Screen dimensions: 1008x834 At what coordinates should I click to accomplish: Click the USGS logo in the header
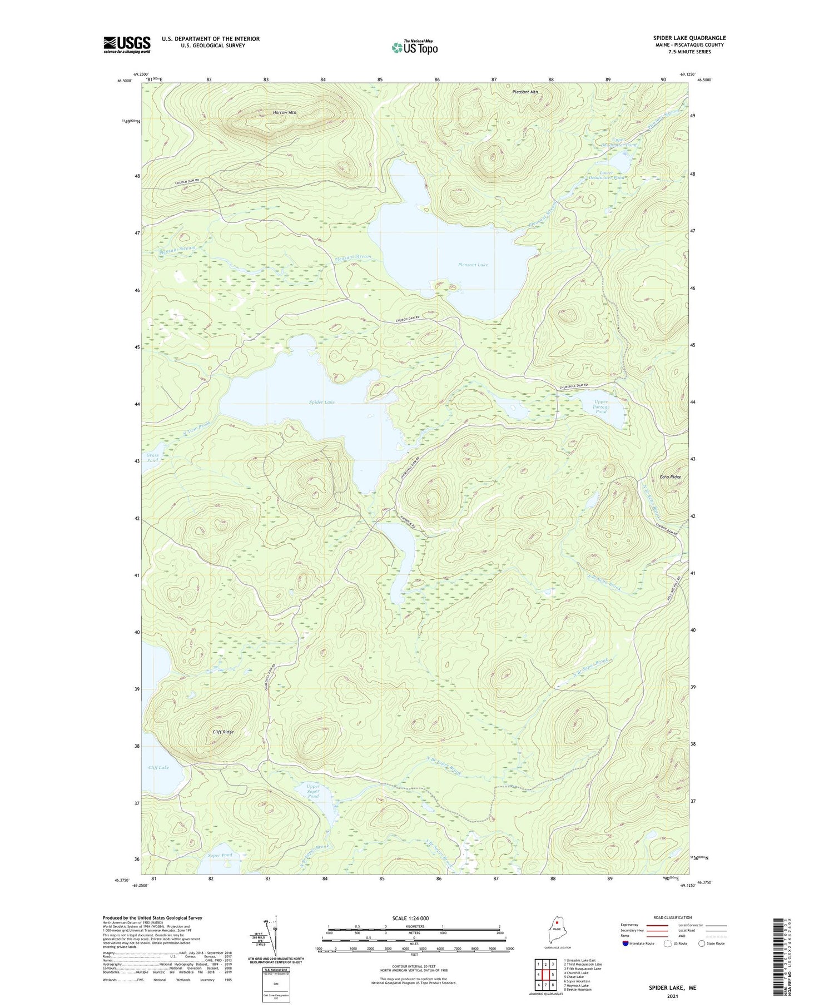click(127, 44)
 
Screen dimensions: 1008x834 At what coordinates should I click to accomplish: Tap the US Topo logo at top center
click(414, 48)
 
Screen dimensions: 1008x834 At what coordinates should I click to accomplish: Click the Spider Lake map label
click(322, 401)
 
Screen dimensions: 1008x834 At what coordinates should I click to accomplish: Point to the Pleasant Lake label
click(473, 265)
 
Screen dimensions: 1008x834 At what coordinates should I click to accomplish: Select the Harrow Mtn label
click(285, 113)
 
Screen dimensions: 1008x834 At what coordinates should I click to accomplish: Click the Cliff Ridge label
click(223, 732)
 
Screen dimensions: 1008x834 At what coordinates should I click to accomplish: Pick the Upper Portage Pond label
click(601, 406)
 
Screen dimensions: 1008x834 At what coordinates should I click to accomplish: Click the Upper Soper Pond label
click(313, 791)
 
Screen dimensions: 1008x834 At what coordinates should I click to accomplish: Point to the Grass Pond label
click(152, 458)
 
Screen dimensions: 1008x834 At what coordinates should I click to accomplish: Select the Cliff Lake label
click(158, 767)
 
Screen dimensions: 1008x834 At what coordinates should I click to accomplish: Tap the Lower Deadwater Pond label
click(612, 175)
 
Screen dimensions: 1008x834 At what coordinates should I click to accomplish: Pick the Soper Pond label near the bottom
click(220, 855)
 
